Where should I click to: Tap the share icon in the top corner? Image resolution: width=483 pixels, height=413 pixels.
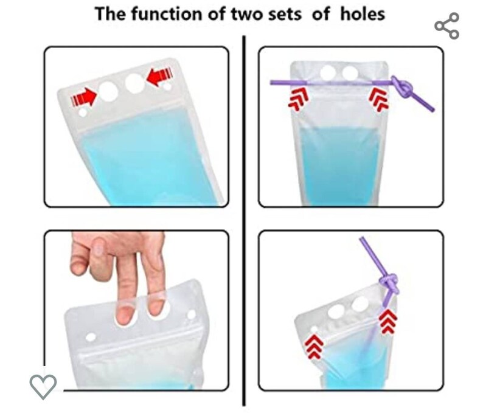447,26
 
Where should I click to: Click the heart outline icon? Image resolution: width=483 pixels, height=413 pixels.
43,384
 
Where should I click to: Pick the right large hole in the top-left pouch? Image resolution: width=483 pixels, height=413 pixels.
134,82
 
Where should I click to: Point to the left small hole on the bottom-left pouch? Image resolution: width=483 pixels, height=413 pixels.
91,337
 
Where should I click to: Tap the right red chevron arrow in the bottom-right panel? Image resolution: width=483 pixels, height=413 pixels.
386,322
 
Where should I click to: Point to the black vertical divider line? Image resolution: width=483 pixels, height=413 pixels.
244,219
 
